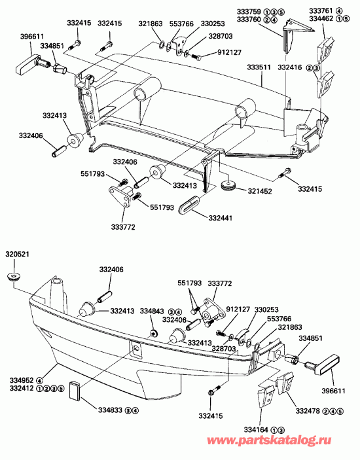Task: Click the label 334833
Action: click(x=109, y=411)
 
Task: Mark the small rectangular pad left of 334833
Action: click(x=73, y=391)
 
